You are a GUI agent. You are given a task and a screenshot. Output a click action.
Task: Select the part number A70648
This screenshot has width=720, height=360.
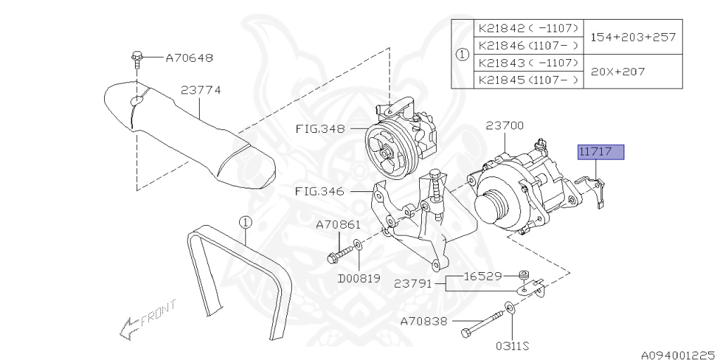[189, 58]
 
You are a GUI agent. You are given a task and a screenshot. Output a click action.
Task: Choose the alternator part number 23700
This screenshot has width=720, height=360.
[504, 126]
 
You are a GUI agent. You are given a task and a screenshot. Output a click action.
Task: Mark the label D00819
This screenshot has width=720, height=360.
[359, 278]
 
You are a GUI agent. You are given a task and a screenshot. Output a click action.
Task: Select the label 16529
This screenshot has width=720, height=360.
[482, 276]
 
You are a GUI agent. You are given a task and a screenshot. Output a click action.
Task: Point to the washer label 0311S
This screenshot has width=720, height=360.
[511, 346]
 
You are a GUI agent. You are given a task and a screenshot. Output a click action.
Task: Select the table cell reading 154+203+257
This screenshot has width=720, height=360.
[633, 37]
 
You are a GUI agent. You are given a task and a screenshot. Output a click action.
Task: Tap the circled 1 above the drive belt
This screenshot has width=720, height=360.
[245, 223]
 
